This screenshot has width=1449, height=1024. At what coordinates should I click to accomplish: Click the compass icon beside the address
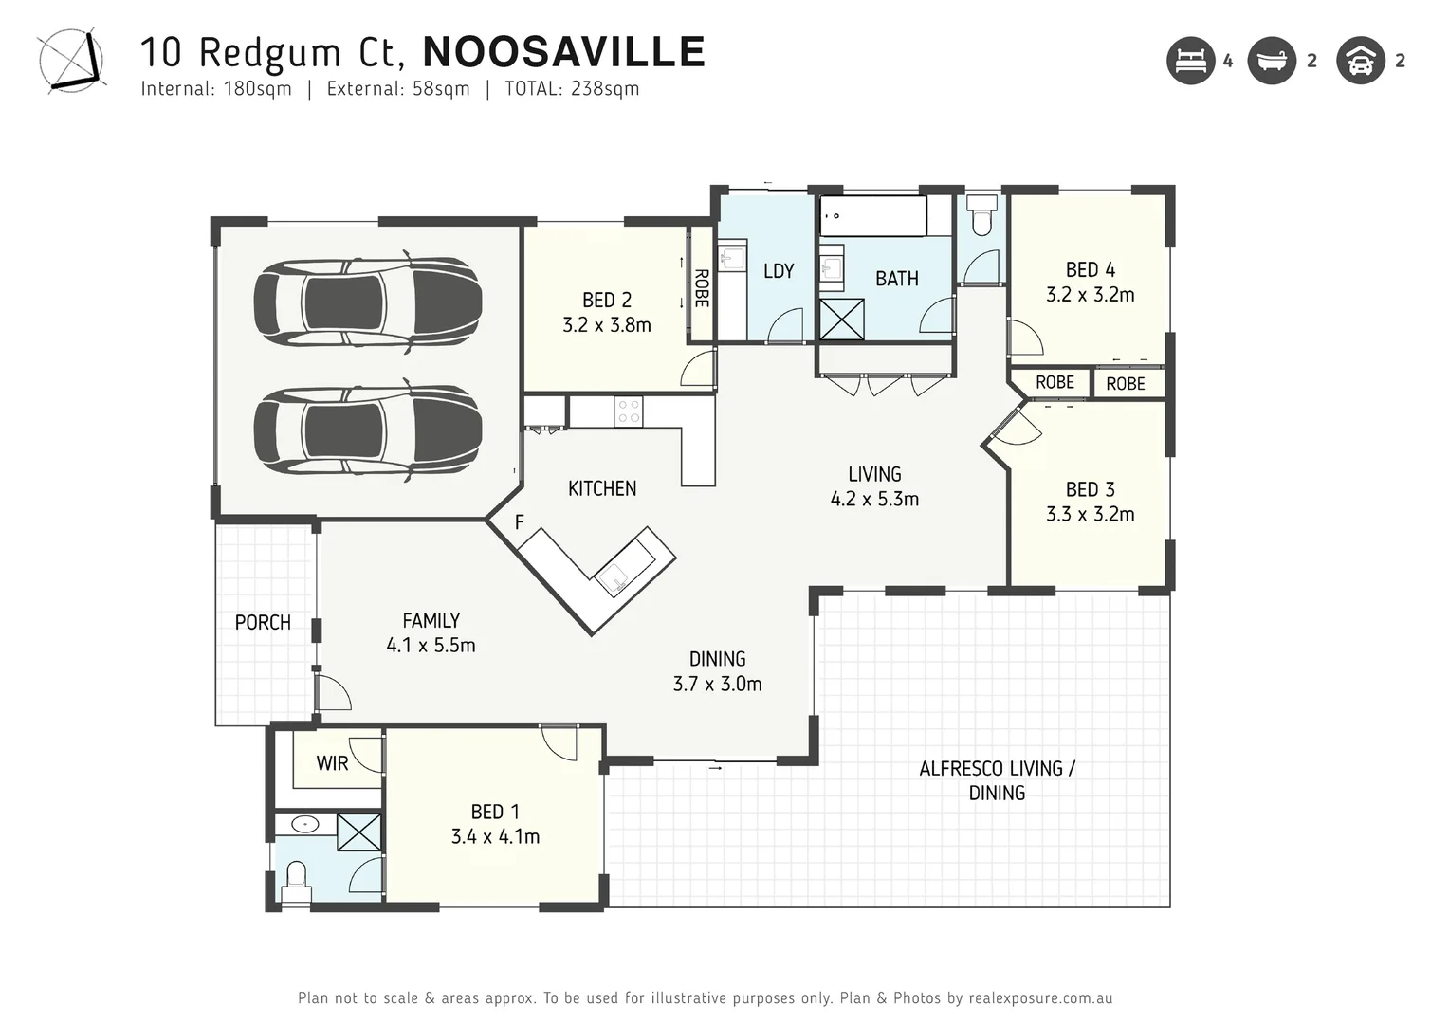(70, 61)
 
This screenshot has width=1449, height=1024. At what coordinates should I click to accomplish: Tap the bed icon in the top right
(1190, 61)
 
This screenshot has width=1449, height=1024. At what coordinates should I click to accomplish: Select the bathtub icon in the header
(1271, 61)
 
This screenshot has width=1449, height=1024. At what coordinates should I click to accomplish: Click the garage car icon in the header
(1361, 61)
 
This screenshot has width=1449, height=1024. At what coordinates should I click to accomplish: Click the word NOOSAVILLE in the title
(563, 52)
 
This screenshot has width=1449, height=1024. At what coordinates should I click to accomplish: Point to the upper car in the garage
(367, 302)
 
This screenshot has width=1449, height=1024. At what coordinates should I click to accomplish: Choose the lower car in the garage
(367, 431)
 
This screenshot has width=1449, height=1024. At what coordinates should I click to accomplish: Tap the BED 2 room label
(606, 300)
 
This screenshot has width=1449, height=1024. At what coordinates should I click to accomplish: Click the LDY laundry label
(779, 271)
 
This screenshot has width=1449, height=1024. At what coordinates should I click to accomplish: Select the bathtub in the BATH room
(872, 216)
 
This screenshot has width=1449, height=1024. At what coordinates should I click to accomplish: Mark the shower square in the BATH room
(841, 319)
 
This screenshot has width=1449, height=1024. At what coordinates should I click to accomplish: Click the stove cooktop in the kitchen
(629, 411)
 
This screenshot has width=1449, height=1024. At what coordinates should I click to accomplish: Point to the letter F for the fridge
(519, 522)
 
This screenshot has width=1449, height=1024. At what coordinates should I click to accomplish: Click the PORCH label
(263, 623)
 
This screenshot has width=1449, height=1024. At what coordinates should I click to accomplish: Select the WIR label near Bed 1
(332, 763)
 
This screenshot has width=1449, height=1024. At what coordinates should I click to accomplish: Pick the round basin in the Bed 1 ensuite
(304, 824)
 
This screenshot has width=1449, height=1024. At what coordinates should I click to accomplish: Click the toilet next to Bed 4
(981, 217)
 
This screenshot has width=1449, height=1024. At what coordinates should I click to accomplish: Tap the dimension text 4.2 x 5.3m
(874, 500)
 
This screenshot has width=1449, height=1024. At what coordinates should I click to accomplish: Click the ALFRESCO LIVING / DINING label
(997, 780)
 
